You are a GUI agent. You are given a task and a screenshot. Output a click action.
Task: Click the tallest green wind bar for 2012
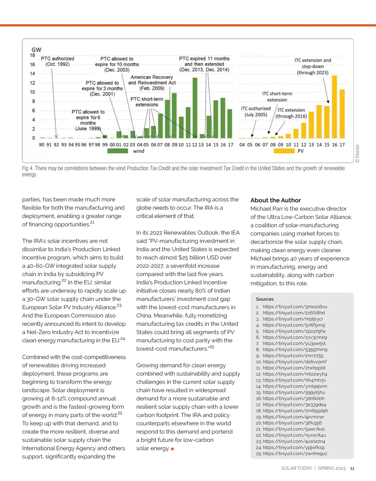tap(195, 108)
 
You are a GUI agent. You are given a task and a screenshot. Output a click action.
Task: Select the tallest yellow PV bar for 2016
tap(334, 107)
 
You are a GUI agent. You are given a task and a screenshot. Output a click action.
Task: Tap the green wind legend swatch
tap(118, 151)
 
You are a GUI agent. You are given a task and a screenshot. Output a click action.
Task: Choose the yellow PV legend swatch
tap(284, 151)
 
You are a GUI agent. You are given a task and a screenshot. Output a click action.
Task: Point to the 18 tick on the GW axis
tap(33, 55)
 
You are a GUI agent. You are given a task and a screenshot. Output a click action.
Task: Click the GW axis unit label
tap(36, 50)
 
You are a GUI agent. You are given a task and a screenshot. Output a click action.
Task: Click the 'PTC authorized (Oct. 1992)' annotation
tap(57, 61)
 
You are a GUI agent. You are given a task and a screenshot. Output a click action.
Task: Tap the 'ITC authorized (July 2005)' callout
tap(256, 112)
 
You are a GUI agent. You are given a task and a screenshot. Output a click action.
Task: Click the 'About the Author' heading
tap(275, 200)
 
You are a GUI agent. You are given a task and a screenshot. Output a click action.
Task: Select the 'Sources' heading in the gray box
tap(265, 299)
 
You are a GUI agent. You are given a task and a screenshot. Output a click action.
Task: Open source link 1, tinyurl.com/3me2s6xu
tap(295, 307)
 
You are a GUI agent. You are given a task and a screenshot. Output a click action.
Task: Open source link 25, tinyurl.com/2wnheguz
tap(295, 454)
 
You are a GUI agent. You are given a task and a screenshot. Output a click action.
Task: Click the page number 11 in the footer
tap(352, 468)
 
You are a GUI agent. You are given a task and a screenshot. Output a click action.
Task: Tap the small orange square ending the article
tap(172, 449)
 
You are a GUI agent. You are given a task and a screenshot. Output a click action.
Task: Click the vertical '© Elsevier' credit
tap(358, 154)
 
